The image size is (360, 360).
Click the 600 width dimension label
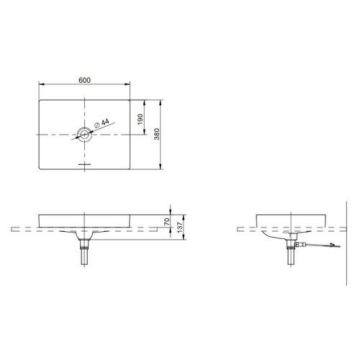coord(84,80)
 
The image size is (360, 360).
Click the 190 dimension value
coord(140,120)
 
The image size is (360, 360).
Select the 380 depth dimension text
coord(156,134)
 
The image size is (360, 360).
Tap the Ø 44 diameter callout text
coord(102,123)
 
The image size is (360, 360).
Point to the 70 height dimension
coord(167,221)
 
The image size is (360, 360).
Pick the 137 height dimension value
coord(180,227)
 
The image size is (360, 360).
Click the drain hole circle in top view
coord(84,135)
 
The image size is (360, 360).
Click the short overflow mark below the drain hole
coord(84,164)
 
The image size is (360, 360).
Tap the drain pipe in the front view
coord(84,252)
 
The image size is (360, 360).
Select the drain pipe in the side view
coord(291,252)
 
